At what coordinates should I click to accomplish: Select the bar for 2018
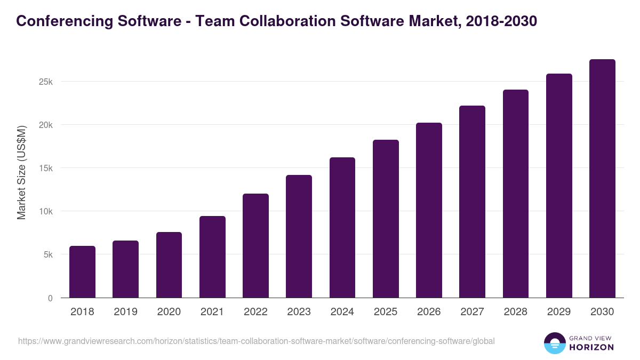[82, 272]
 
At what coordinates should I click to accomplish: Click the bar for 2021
[212, 257]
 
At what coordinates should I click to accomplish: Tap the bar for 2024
[342, 228]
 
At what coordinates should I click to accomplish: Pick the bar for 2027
[472, 202]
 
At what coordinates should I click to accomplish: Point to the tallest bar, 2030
[602, 179]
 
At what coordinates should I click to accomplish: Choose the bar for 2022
[255, 246]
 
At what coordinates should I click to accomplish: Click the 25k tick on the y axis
[45, 82]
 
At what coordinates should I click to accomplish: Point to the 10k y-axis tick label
[45, 212]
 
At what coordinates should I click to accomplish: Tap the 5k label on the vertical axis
[47, 255]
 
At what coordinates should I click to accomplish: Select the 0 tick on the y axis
[50, 298]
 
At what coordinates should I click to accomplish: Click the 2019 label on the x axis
[125, 312]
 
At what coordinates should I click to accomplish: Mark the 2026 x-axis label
[429, 312]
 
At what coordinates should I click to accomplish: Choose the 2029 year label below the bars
[559, 312]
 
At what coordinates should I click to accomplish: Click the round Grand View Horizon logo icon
[554, 343]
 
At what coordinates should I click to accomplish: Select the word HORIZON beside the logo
[592, 347]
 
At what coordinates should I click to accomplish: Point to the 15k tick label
[45, 169]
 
